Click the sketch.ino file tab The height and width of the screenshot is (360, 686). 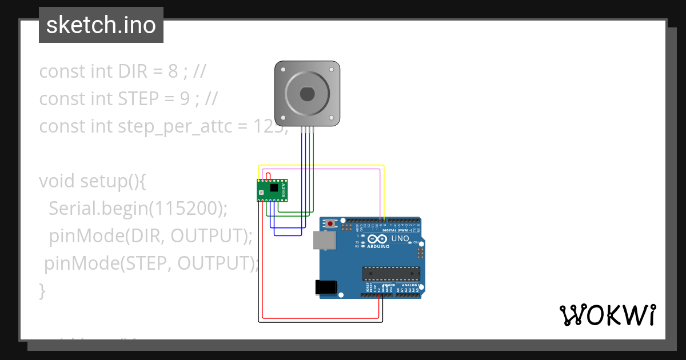(101, 25)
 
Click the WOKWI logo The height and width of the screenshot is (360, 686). (607, 315)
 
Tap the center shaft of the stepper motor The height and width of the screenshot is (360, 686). (308, 93)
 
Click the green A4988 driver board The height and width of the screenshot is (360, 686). (272, 190)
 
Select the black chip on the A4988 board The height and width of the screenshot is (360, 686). (274, 187)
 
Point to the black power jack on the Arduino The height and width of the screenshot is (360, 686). (326, 287)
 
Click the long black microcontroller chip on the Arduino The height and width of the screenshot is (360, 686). (391, 274)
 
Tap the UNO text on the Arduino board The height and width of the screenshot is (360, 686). (400, 238)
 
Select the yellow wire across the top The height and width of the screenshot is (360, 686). (320, 166)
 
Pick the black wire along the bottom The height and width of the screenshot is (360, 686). (320, 322)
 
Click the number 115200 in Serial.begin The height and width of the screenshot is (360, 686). (185, 209)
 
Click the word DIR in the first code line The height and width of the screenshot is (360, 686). (132, 71)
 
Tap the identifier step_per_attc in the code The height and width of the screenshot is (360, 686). (171, 126)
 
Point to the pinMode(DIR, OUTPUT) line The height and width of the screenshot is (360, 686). (151, 235)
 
